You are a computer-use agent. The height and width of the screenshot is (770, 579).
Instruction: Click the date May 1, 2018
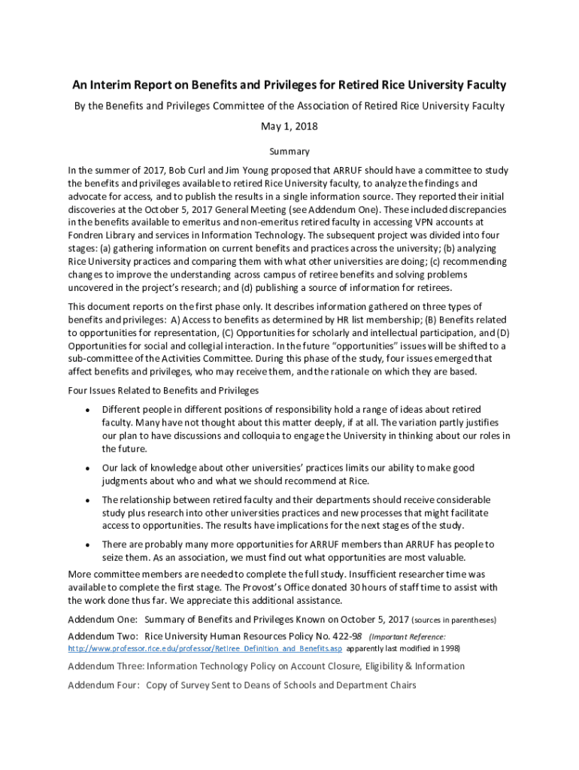289,126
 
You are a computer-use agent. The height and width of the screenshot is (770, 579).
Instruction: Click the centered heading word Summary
289,151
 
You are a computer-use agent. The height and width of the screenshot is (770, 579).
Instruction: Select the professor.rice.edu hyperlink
205,648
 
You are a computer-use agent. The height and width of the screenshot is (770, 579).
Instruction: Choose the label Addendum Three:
106,666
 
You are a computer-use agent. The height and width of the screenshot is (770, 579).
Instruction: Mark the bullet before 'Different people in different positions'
88,411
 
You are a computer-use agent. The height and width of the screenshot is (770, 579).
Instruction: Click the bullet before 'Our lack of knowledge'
88,468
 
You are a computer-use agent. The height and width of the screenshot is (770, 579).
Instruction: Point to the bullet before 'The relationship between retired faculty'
88,500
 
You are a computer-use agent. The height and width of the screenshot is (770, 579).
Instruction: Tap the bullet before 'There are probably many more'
88,544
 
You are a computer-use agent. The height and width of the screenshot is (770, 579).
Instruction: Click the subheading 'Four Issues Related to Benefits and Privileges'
163,390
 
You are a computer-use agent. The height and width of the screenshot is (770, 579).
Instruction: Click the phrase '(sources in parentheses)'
454,620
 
